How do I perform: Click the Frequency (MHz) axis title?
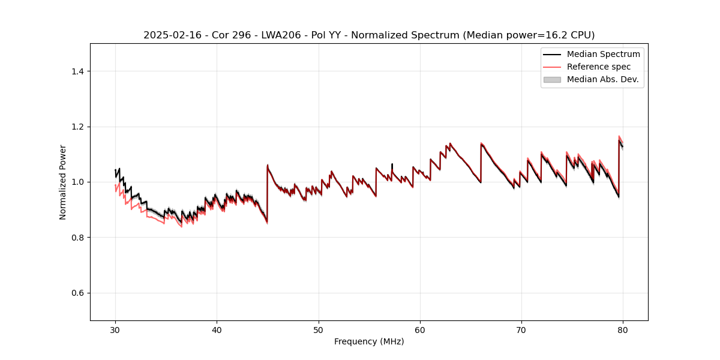(x=369, y=341)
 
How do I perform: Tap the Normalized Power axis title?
(x=63, y=182)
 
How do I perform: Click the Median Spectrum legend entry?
(x=603, y=54)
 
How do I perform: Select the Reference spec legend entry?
(x=598, y=67)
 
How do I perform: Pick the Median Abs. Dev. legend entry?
(x=602, y=79)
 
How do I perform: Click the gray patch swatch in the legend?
(x=552, y=79)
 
